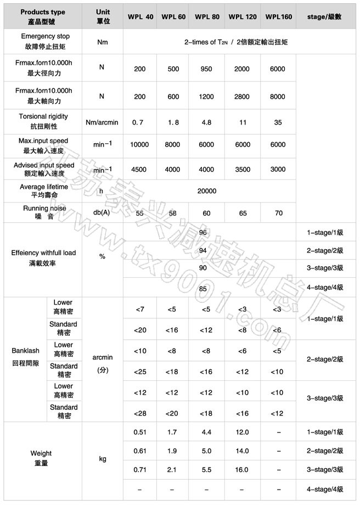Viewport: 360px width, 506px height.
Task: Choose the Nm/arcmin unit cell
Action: (x=102, y=121)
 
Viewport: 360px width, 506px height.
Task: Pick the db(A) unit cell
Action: (x=102, y=212)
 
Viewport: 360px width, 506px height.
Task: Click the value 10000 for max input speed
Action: (x=139, y=144)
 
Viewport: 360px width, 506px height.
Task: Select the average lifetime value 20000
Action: (x=208, y=191)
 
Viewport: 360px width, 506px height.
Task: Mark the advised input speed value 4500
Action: (x=139, y=170)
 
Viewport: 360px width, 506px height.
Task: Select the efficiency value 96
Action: (x=203, y=233)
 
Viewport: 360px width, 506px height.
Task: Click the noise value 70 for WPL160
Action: (x=278, y=212)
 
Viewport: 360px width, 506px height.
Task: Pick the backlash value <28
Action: (x=139, y=412)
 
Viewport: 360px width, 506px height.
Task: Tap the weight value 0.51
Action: (x=139, y=433)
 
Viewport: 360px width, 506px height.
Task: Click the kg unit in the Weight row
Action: (x=102, y=458)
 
